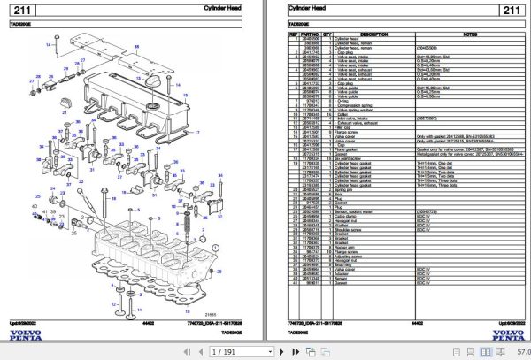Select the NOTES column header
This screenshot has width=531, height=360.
click(468, 34)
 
